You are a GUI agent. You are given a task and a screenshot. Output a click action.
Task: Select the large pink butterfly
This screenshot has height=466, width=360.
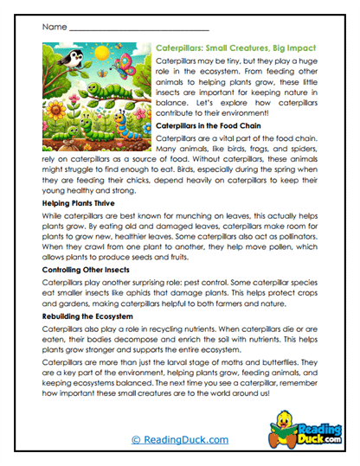132,65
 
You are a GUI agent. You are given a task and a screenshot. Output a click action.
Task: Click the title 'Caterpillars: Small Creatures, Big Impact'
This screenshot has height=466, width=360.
235,49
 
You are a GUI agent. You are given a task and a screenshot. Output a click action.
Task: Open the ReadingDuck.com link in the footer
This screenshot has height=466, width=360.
180,440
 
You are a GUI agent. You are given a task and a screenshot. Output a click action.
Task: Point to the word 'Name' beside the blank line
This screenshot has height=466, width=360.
53,28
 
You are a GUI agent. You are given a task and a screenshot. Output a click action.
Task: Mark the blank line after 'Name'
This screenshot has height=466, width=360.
138,29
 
